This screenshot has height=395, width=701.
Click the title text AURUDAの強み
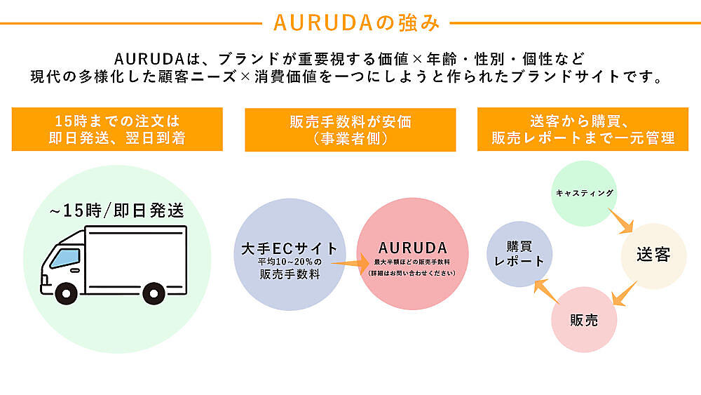tap(356, 22)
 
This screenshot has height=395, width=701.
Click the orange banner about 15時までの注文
tap(117, 129)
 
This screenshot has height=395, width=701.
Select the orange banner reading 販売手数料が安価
tap(350, 129)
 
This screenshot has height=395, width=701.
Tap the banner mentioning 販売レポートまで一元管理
tap(583, 129)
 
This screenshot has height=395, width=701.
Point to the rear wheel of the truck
tap(154, 293)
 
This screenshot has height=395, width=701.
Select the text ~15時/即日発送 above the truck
tap(116, 210)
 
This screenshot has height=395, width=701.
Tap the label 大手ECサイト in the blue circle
tap(289, 248)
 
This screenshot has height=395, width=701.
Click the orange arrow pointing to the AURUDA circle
tap(348, 264)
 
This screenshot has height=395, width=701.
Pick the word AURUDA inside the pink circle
tap(413, 248)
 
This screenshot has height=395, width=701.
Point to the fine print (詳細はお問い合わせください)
tap(412, 272)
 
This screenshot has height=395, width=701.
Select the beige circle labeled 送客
tap(653, 255)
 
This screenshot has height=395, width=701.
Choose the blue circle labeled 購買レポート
tap(519, 254)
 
